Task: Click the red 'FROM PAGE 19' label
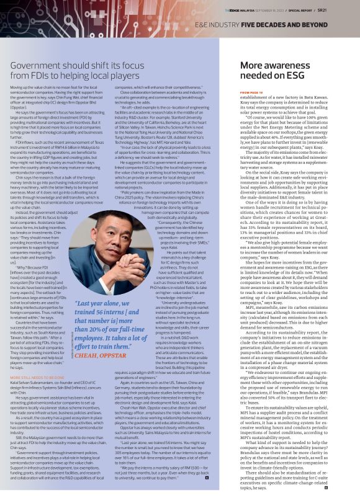click(x=251, y=92)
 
